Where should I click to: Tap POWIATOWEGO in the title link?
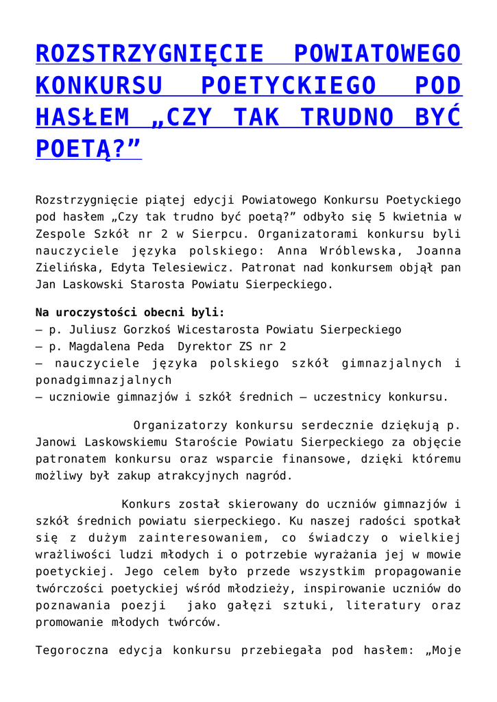tap(376, 53)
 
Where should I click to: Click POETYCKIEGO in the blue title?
tap(288, 86)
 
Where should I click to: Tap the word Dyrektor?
tap(204, 346)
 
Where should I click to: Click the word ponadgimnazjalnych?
tap(104, 379)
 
